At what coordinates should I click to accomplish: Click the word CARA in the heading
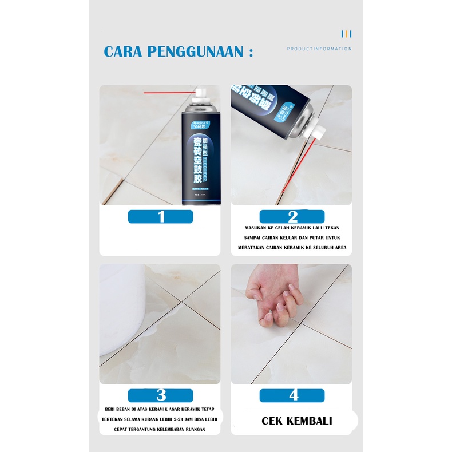click(122, 51)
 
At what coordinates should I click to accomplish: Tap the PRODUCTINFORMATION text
click(319, 49)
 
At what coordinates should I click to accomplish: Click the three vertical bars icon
click(346, 34)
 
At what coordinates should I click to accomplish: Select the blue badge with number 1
click(161, 216)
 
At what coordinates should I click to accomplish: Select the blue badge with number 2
click(292, 216)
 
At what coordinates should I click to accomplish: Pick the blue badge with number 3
click(161, 395)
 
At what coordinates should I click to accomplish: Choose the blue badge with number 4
click(292, 395)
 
